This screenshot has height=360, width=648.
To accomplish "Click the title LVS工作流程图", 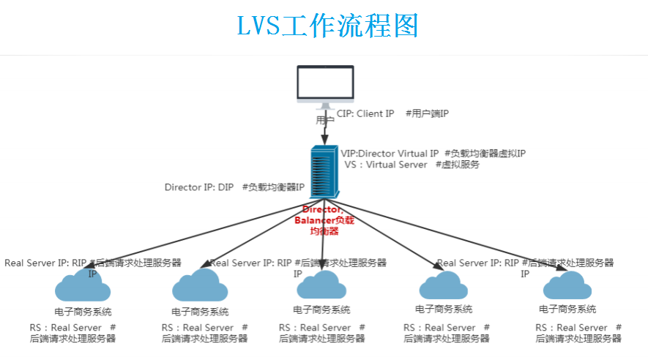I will click(327, 26).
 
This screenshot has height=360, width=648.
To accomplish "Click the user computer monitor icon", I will click(325, 86).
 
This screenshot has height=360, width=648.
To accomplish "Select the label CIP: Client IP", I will click(365, 113).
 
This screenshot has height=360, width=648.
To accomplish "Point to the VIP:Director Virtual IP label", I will click(390, 154).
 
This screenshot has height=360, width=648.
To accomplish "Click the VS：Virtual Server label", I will click(386, 165).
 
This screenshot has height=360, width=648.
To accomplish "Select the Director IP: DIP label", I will click(198, 187).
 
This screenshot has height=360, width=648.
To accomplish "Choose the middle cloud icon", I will click(321, 285).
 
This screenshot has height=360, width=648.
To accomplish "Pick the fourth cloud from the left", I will click(444, 285).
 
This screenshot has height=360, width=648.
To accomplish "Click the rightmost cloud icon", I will click(567, 285).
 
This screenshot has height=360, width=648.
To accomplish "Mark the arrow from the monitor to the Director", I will click(324, 132).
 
